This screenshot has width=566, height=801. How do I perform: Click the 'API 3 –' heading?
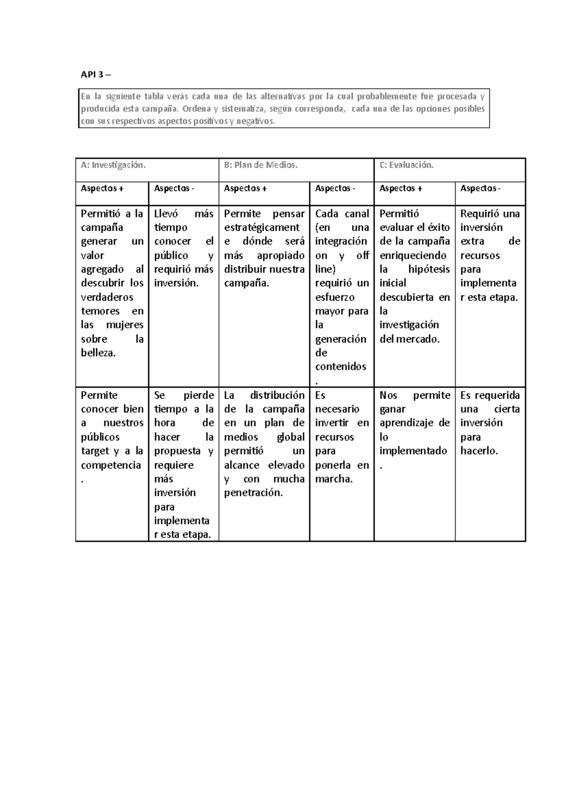pyautogui.click(x=96, y=75)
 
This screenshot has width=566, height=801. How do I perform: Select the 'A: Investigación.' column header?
pyautogui.click(x=113, y=165)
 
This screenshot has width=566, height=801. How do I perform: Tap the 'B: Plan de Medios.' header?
pyautogui.click(x=261, y=165)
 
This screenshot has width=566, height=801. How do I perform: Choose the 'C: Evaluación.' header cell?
pyautogui.click(x=406, y=165)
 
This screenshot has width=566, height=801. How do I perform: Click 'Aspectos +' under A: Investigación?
pyautogui.click(x=102, y=189)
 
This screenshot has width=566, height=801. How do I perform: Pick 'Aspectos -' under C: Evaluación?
pyautogui.click(x=480, y=189)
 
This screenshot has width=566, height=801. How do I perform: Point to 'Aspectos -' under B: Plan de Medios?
pyautogui.click(x=335, y=189)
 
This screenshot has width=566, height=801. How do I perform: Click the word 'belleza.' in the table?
pyautogui.click(x=98, y=353)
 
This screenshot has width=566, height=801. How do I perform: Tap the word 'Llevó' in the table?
pyautogui.click(x=166, y=214)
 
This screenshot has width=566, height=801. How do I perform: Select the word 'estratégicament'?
pyautogui.click(x=262, y=227)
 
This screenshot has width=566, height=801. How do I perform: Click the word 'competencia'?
pyautogui.click(x=111, y=465)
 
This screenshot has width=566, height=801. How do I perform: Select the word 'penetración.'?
pyautogui.click(x=253, y=493)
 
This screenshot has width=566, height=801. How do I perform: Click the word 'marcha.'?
pyautogui.click(x=333, y=479)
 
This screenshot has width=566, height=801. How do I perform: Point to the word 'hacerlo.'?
pyautogui.click(x=479, y=451)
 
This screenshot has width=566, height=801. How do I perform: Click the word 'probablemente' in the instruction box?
pyautogui.click(x=386, y=97)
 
